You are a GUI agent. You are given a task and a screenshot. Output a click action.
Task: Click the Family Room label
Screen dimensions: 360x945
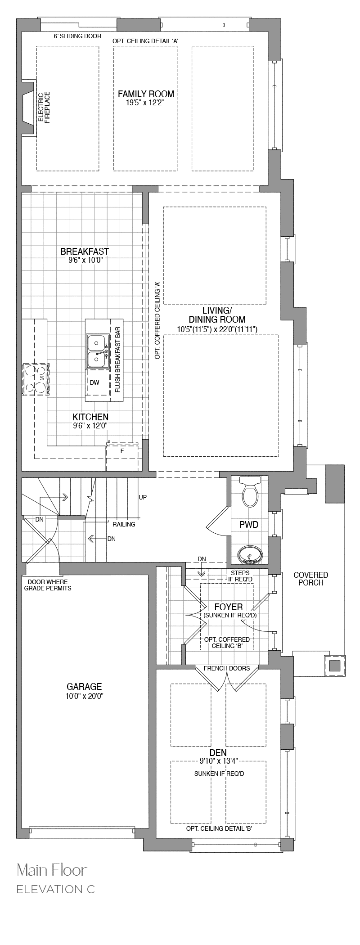[146, 94]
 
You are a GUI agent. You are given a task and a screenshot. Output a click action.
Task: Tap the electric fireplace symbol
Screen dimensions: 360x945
[29, 107]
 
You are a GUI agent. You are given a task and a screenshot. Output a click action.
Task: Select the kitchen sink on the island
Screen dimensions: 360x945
[97, 351]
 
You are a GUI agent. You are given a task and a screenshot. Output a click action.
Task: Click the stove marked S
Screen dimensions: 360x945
[35, 379]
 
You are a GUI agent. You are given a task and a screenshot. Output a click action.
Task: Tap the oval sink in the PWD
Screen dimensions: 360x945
[249, 554]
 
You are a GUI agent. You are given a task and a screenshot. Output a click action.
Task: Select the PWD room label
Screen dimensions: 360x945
[249, 524]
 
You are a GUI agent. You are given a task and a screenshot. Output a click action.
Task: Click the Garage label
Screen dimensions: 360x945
[84, 687]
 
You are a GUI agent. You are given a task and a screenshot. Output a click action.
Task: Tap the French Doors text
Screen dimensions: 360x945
[227, 668]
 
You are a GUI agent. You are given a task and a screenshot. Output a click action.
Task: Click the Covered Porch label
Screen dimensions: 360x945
[310, 579]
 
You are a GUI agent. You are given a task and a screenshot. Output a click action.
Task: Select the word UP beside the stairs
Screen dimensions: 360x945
[143, 497]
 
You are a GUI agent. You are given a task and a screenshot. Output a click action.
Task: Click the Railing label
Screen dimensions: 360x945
[124, 524]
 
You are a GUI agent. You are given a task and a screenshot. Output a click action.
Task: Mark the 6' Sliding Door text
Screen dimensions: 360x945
[77, 36]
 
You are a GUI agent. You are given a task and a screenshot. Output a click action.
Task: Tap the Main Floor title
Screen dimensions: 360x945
[52, 870]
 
